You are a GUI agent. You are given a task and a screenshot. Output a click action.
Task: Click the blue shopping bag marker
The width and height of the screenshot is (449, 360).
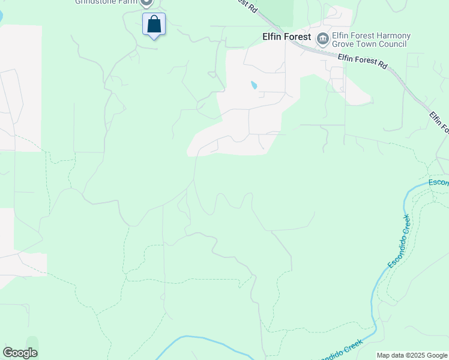click(154, 25)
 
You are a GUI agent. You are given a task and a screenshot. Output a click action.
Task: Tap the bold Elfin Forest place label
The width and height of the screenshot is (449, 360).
click(286, 37)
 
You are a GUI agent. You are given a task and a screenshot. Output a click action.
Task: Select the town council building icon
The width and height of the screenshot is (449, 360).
click(323, 39)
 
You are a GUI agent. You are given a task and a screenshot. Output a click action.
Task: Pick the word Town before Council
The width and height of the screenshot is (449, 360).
click(369, 44)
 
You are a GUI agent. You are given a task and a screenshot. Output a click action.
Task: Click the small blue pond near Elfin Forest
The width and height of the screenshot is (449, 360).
click(254, 85)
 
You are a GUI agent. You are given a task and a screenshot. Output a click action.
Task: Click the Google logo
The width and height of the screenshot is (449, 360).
click(20, 353)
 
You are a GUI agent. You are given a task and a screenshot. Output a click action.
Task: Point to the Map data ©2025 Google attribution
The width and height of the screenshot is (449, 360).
click(411, 355)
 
